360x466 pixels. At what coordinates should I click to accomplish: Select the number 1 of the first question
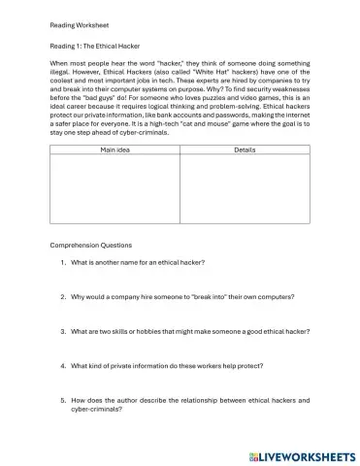[62, 262]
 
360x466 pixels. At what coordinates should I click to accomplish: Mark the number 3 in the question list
[62, 331]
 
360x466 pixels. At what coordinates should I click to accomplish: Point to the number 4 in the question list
[62, 365]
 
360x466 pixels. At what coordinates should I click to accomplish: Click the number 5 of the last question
[62, 400]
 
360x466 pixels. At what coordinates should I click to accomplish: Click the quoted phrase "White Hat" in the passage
[191, 71]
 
